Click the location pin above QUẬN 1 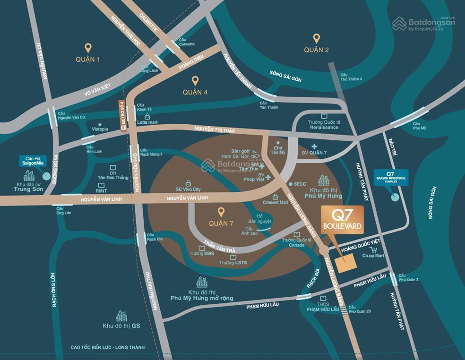pos(87,48)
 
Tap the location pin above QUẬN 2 pos(317,38)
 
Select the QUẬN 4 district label pos(195,92)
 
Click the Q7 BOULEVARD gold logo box pos(342,220)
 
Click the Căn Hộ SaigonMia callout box pos(32,161)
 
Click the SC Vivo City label pos(188,189)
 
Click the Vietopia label pos(100,129)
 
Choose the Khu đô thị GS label pos(121,326)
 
